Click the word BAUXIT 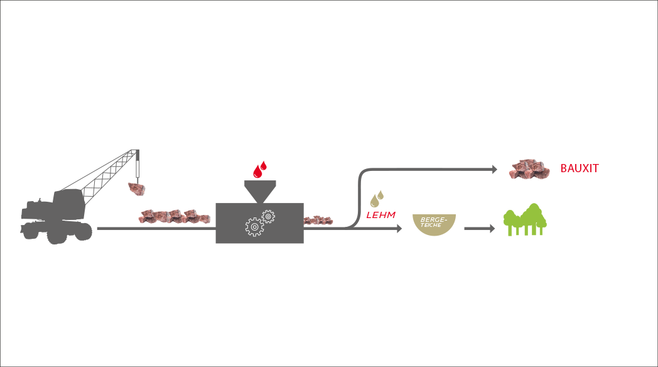[580, 168]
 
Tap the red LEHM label [380, 215]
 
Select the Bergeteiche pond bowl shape [434, 224]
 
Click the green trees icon [525, 219]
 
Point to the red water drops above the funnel [260, 169]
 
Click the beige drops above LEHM [377, 199]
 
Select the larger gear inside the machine [254, 227]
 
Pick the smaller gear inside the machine [268, 217]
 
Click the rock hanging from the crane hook [137, 189]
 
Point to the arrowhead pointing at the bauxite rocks [495, 169]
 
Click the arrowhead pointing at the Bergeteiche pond [399, 228]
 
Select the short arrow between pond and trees [480, 228]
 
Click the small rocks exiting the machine [318, 220]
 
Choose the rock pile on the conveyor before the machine [175, 216]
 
